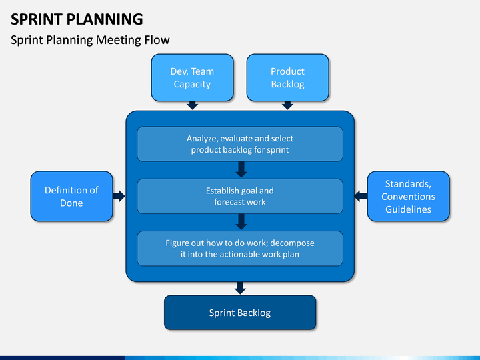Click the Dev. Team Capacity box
(x=192, y=77)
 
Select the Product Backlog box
(x=288, y=77)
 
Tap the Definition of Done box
(x=71, y=196)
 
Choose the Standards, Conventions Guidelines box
(x=409, y=196)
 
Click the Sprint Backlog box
(x=240, y=313)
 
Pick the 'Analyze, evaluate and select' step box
(x=240, y=144)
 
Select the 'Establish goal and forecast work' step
(x=240, y=196)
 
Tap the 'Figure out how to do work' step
(x=240, y=248)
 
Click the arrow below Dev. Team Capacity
(x=192, y=105)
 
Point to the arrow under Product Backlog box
(x=288, y=105)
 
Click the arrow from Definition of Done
(x=119, y=196)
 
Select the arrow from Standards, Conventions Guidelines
(x=361, y=196)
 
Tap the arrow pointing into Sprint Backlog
(x=240, y=288)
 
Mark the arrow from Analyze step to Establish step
(x=241, y=169)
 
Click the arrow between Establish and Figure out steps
(x=241, y=222)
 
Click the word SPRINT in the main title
(x=37, y=19)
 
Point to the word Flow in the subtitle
(x=157, y=40)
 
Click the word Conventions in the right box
(x=409, y=197)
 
